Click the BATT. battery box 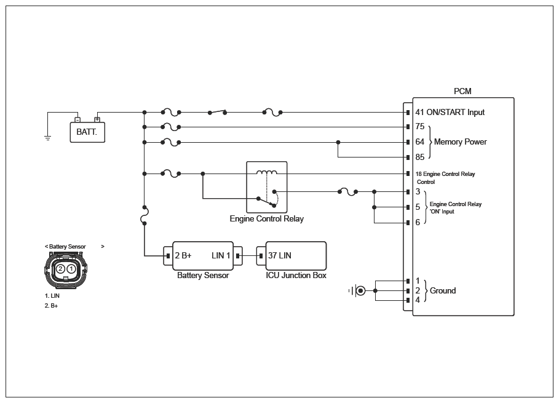(x=87, y=132)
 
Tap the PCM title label (x=462, y=91)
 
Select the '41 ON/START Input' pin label (x=450, y=113)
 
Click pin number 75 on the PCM (x=420, y=127)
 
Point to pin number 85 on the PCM (x=420, y=157)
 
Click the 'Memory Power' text (x=460, y=142)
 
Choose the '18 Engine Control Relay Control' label (x=445, y=178)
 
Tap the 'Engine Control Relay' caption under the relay (x=267, y=218)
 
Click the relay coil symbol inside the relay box (x=267, y=172)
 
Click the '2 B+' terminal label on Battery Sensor (x=183, y=256)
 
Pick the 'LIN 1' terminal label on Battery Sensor (x=221, y=256)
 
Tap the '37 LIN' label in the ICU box (x=279, y=256)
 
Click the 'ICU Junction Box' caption (x=296, y=275)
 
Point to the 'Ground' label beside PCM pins (x=443, y=290)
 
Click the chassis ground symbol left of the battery (x=47, y=138)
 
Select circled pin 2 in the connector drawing (x=60, y=268)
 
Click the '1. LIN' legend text (x=52, y=296)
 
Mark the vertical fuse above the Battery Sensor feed (x=145, y=215)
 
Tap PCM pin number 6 (x=418, y=222)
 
